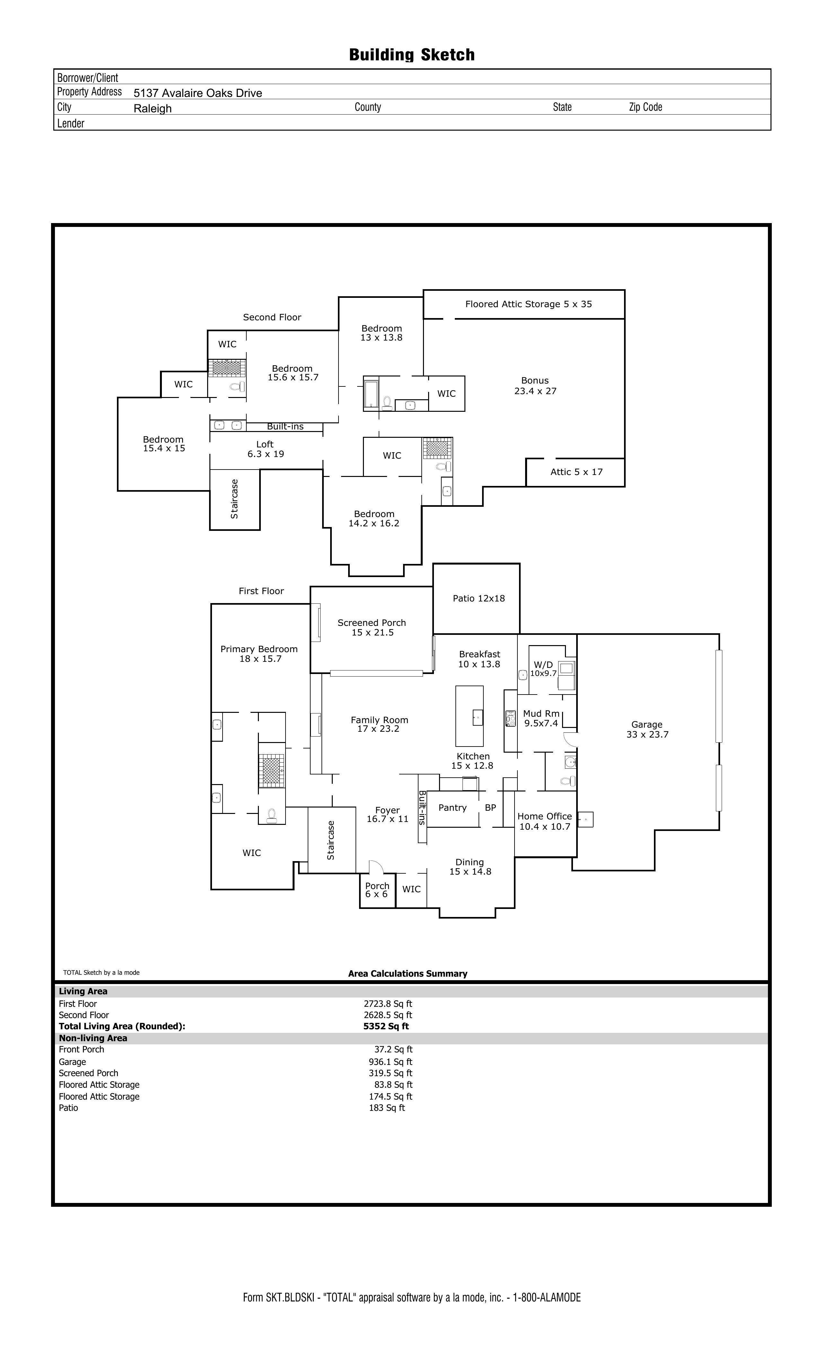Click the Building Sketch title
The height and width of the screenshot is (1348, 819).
[x=412, y=55]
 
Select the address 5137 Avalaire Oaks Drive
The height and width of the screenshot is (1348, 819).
[x=198, y=93]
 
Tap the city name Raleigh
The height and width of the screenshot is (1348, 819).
[x=153, y=108]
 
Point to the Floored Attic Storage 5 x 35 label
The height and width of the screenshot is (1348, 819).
[x=528, y=304]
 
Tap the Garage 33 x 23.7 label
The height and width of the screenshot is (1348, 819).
[x=647, y=729]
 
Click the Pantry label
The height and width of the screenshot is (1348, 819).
[x=452, y=808]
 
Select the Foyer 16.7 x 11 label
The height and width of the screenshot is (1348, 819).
[x=388, y=814]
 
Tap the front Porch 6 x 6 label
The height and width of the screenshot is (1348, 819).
[x=377, y=890]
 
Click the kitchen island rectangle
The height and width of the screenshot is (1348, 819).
[x=469, y=716]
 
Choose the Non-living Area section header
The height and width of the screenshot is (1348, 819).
[x=93, y=1038]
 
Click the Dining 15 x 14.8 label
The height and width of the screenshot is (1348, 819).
[x=470, y=867]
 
